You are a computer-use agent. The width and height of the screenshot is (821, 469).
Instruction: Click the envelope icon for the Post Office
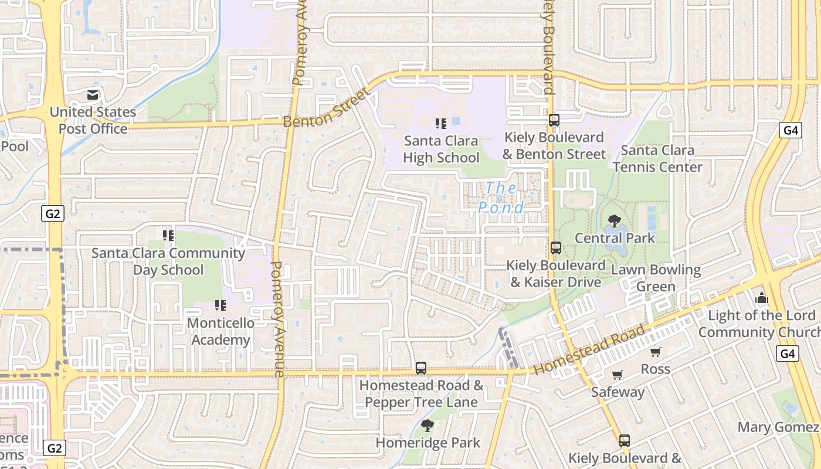point(93,95)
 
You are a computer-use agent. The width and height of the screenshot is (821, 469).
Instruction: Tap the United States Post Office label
point(93,120)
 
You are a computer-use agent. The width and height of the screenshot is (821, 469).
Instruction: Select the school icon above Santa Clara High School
point(441,123)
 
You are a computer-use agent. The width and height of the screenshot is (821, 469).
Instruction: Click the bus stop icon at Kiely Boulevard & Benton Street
point(554,120)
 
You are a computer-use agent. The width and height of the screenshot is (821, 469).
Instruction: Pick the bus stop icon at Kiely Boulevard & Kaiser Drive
point(556,248)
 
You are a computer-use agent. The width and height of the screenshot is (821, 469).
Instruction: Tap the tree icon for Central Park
point(615,221)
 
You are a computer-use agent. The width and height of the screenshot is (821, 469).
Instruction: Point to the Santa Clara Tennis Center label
point(657,158)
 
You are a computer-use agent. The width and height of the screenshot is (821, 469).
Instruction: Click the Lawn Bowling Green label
point(656,278)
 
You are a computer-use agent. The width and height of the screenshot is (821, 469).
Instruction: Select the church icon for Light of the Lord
point(762,298)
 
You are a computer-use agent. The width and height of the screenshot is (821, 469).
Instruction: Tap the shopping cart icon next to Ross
point(655,352)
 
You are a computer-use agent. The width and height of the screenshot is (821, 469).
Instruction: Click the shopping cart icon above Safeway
point(617,375)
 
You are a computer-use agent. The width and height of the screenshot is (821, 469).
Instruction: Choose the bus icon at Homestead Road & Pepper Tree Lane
point(421,368)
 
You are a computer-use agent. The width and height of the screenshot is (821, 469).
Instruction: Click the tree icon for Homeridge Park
point(428,426)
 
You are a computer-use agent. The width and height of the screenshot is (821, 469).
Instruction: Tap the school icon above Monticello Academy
point(220,305)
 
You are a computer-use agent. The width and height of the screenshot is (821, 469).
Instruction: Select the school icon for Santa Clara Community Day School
point(168,236)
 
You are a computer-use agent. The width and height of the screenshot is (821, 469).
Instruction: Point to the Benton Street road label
point(327,108)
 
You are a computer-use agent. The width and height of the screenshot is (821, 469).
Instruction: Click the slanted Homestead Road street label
point(589,349)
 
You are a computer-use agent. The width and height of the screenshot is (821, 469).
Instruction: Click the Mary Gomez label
point(778,427)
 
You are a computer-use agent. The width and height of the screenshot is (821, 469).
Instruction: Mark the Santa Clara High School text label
point(441,149)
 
